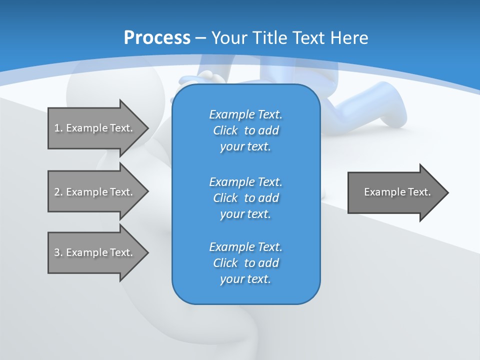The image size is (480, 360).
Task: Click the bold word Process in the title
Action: pos(157,38)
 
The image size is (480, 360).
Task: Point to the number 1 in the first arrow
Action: pos(57,128)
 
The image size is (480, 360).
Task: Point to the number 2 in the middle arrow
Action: pos(57,192)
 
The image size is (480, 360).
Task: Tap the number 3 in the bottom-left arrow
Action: pos(57,252)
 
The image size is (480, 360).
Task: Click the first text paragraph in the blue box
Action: pos(245,130)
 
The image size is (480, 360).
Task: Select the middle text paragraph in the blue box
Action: pos(245,197)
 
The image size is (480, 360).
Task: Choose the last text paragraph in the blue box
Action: pos(245,263)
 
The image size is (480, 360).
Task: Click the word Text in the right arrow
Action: pos(419,192)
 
